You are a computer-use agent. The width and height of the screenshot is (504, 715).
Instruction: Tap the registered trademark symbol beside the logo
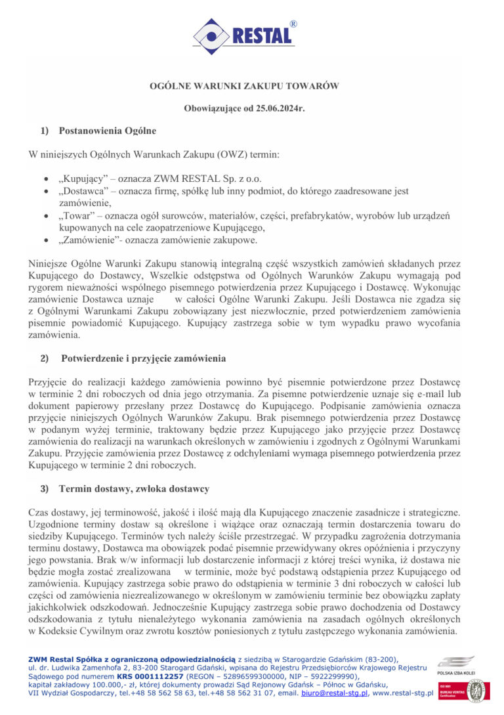point(293,24)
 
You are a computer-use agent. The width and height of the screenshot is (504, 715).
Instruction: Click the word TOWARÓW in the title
point(313,86)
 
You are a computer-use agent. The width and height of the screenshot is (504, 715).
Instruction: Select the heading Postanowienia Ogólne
point(107,131)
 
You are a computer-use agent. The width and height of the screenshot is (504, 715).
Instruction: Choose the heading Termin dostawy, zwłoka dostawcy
point(134,488)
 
